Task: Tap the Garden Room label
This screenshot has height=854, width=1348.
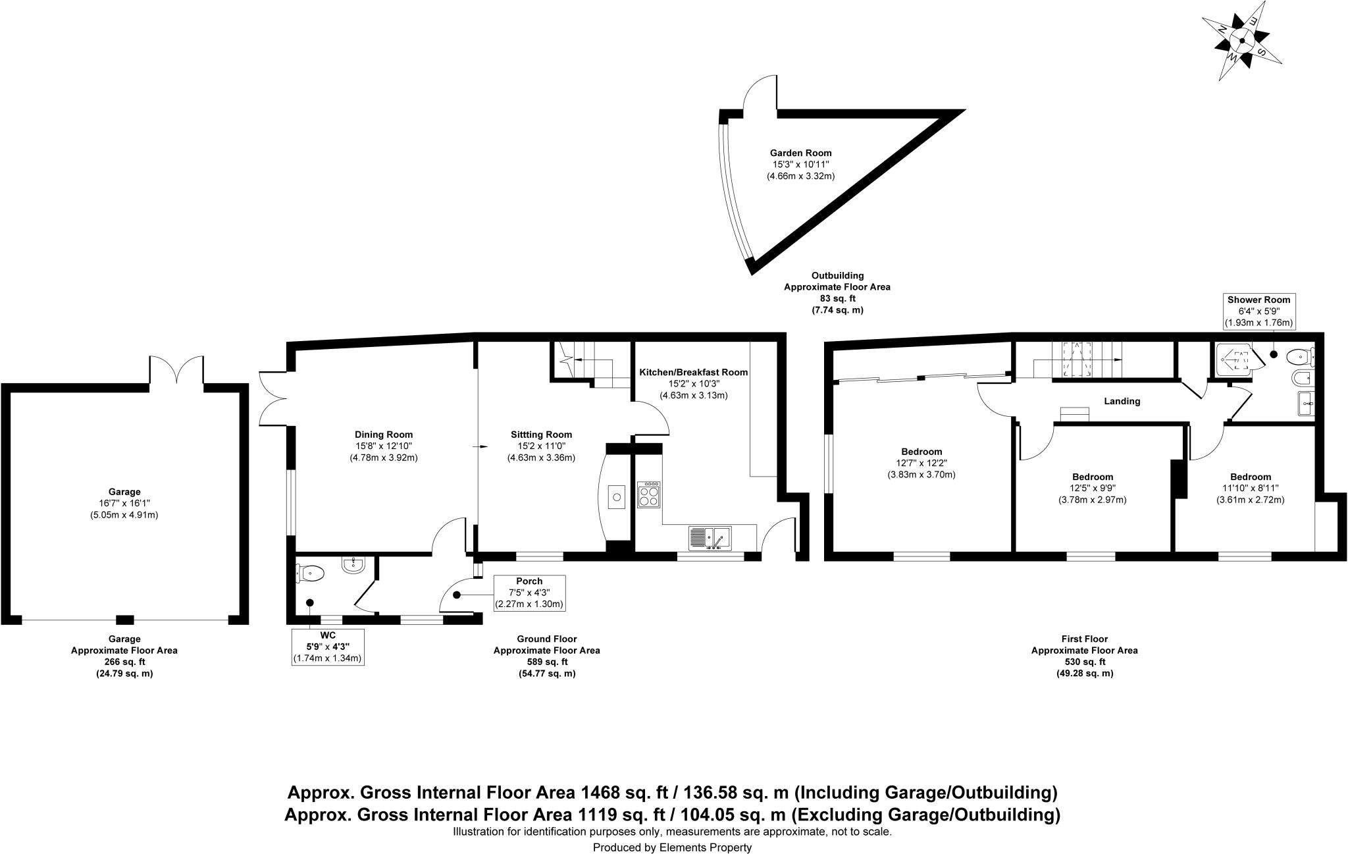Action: click(800, 165)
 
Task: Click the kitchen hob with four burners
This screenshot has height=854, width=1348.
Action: click(649, 494)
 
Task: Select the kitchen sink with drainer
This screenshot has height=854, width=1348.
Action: click(710, 538)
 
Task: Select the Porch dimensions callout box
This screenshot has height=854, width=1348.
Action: click(529, 593)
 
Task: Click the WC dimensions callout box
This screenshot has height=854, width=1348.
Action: click(328, 647)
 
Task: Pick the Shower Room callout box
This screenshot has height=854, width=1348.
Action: click(1258, 311)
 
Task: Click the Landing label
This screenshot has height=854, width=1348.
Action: click(1122, 401)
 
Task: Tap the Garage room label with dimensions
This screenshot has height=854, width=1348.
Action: click(124, 503)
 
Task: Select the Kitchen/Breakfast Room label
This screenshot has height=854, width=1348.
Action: click(694, 383)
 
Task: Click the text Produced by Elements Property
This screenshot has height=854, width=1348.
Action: click(672, 847)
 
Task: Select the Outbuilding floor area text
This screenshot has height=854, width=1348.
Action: click(837, 292)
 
